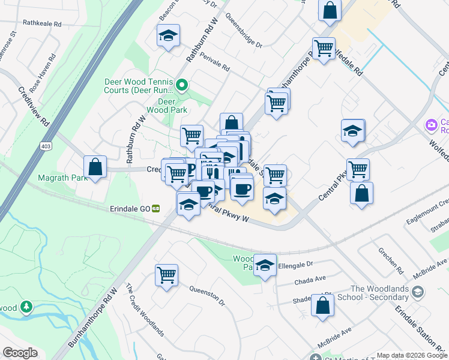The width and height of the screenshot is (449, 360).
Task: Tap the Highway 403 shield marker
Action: tap(47, 146)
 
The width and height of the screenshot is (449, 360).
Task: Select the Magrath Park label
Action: tap(58, 178)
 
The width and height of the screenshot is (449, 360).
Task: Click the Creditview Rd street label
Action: tap(33, 105)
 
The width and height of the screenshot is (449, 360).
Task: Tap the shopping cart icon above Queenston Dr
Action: tap(167, 275)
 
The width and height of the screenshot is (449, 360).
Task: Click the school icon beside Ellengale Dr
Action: tap(264, 265)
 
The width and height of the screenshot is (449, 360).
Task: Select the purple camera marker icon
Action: tap(430, 125)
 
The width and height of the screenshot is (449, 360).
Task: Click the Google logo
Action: tap(20, 353)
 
